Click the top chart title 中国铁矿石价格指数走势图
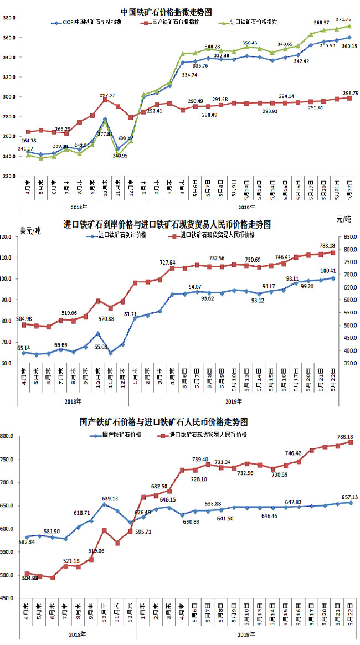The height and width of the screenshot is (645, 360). tap(166, 12)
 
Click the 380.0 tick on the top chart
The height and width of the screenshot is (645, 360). tap(9, 18)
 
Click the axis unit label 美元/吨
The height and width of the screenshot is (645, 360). tap(30, 230)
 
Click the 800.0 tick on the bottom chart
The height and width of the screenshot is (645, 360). tap(9, 436)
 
